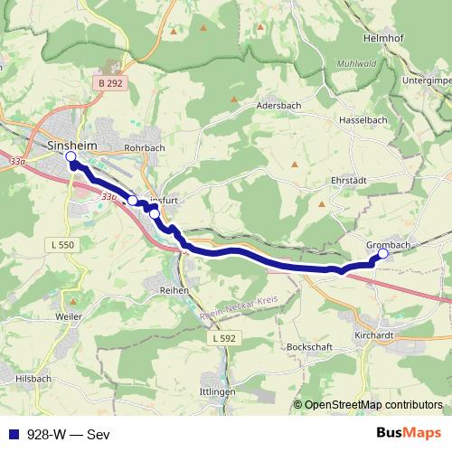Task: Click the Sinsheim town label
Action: tap(71, 144)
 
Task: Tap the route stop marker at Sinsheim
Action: tap(71, 156)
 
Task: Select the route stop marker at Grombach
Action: tap(382, 254)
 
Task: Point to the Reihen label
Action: tap(174, 290)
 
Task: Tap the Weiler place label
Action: tap(68, 316)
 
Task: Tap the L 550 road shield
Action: tap(61, 245)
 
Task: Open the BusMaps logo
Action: tap(408, 432)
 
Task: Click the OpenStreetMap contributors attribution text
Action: tap(373, 404)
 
